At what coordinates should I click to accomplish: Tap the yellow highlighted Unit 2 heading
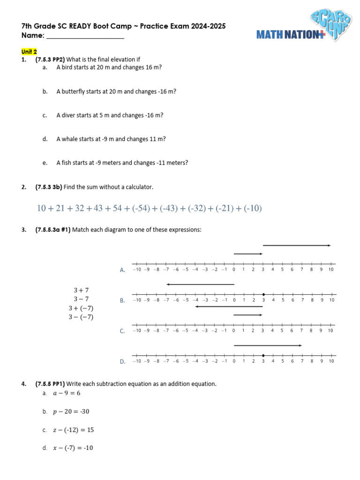point(29,52)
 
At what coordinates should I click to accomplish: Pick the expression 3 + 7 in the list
point(81,290)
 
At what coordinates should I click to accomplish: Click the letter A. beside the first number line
point(122,270)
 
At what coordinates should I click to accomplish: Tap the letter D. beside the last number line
point(122,362)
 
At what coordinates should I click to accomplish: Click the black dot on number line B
point(263,294)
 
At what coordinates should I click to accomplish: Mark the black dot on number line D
point(263,355)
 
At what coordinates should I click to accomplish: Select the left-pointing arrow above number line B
point(200,284)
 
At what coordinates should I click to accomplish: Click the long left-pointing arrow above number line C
point(229,307)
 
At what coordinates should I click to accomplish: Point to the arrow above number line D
point(268,345)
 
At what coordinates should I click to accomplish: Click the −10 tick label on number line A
point(136,270)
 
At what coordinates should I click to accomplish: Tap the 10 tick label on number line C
point(331,330)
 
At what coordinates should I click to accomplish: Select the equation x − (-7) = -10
point(73,448)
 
